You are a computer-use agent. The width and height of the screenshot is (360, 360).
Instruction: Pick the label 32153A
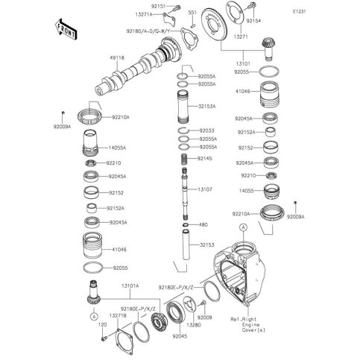(208, 107)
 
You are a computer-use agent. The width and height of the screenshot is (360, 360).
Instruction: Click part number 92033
(207, 130)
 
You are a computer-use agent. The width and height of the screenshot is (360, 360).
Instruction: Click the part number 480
(203, 224)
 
